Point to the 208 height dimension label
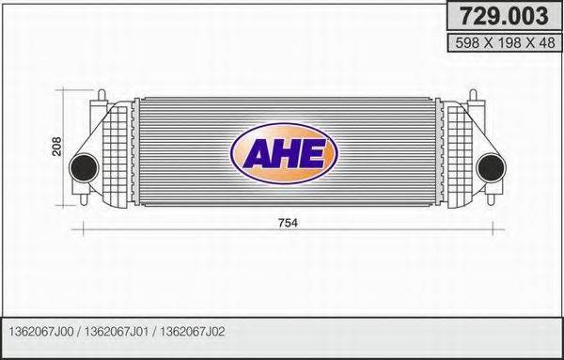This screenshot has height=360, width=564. tap(56, 147)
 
